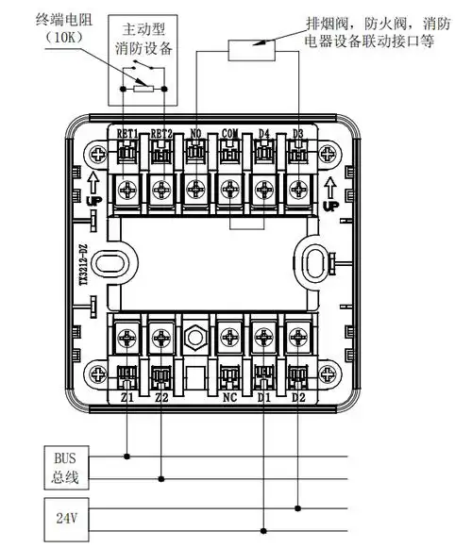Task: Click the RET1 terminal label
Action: tap(127, 134)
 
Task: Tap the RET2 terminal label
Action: tap(161, 134)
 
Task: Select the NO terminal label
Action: tap(195, 134)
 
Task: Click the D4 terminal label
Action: tap(264, 134)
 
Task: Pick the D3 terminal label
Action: tap(297, 134)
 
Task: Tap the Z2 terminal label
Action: tap(160, 398)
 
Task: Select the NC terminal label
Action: tap(229, 398)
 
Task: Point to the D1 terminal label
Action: tap(263, 398)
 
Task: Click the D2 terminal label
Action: tap(298, 398)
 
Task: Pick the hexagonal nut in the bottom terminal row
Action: tap(195, 335)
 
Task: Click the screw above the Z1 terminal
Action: tap(126, 334)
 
